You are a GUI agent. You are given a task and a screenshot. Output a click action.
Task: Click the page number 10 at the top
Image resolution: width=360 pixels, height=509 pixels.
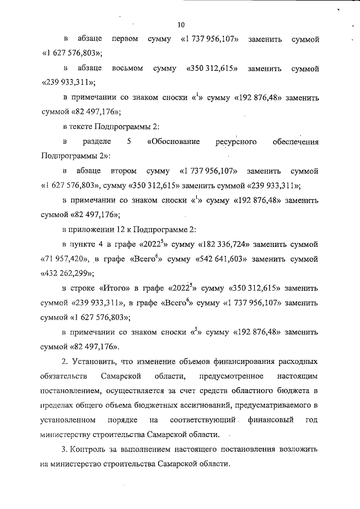tap(180, 25)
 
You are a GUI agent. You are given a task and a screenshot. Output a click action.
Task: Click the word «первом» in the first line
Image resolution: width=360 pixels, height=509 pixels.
tap(127, 40)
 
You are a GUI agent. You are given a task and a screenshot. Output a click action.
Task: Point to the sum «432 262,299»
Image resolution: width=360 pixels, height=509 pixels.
tap(67, 273)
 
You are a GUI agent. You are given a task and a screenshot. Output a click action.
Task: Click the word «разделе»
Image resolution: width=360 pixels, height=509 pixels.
tap(96, 142)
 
